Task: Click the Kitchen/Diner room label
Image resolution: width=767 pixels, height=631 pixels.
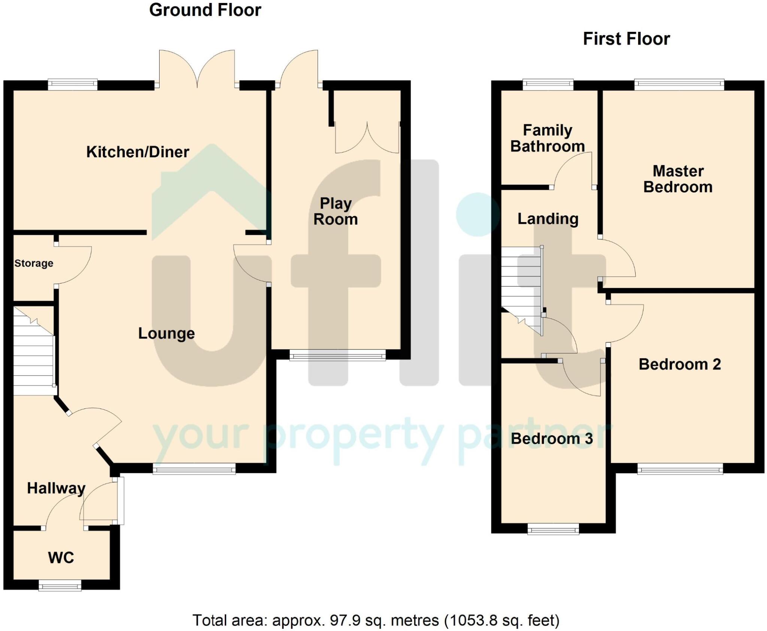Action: (137, 152)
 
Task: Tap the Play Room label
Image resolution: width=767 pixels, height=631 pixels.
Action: (336, 212)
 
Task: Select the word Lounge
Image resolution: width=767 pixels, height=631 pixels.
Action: (166, 333)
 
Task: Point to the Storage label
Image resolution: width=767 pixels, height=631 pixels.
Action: (34, 263)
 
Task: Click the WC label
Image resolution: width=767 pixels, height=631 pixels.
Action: (61, 558)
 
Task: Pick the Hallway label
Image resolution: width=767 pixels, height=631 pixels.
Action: (56, 488)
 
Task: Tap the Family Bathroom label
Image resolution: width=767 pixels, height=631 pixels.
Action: (547, 138)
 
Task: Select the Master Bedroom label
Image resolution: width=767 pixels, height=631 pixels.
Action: (678, 179)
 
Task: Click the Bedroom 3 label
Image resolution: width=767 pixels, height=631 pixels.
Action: (552, 439)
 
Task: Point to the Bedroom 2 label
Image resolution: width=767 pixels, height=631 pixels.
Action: (680, 364)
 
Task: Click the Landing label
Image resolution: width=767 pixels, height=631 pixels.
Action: (548, 219)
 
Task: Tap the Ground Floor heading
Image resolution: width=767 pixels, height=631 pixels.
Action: (205, 10)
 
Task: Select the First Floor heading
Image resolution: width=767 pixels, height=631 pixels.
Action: (626, 39)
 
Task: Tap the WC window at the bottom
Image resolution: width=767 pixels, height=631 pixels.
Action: (60, 585)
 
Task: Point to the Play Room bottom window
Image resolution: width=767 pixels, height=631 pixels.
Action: (337, 355)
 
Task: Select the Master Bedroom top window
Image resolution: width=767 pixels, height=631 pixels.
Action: (679, 85)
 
